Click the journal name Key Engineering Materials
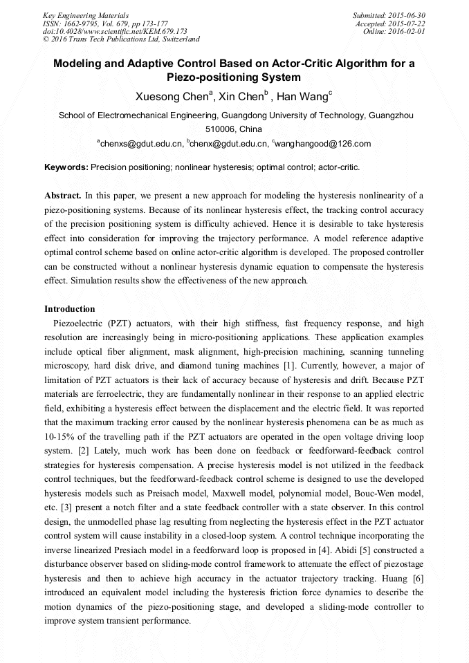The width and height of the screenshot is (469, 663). pyautogui.click(x=86, y=15)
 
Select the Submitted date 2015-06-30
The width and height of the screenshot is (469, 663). pyautogui.click(x=407, y=15)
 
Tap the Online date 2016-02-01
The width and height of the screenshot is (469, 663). pyautogui.click(x=407, y=31)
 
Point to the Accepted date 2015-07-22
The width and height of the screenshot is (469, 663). pyautogui.click(x=407, y=23)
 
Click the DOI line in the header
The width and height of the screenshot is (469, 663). pyautogui.click(x=115, y=31)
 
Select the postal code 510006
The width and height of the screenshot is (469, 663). pyautogui.click(x=221, y=129)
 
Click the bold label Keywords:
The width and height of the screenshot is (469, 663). pyautogui.click(x=66, y=167)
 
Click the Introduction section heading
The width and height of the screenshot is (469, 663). pyautogui.click(x=70, y=308)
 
